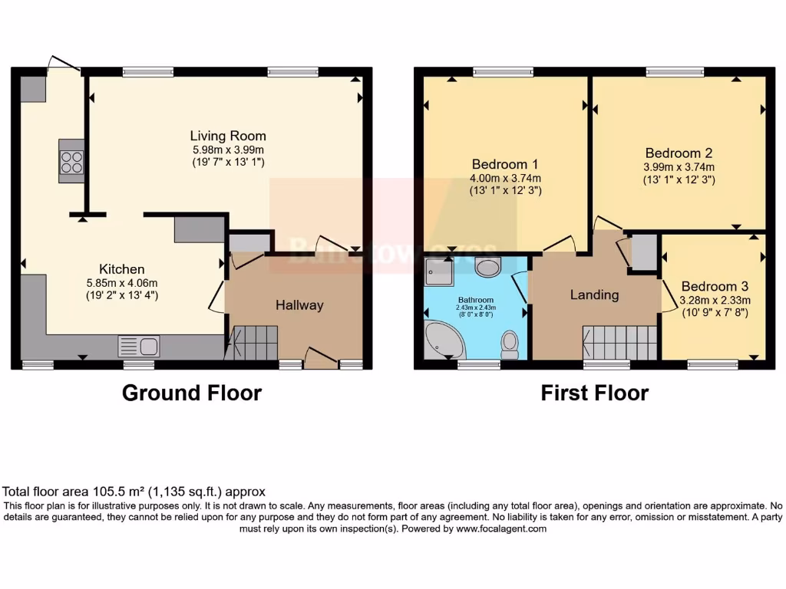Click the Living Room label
click(x=228, y=136)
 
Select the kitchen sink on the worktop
click(x=138, y=347)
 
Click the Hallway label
click(x=299, y=305)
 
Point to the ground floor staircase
click(x=254, y=342)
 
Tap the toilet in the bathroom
click(x=509, y=344)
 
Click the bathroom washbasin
click(x=487, y=267)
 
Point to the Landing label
click(x=594, y=294)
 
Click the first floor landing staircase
click(x=620, y=342)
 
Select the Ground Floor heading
click(x=192, y=393)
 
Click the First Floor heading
click(x=594, y=393)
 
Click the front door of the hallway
click(x=321, y=359)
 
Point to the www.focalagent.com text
click(x=501, y=528)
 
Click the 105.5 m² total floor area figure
click(x=113, y=492)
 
